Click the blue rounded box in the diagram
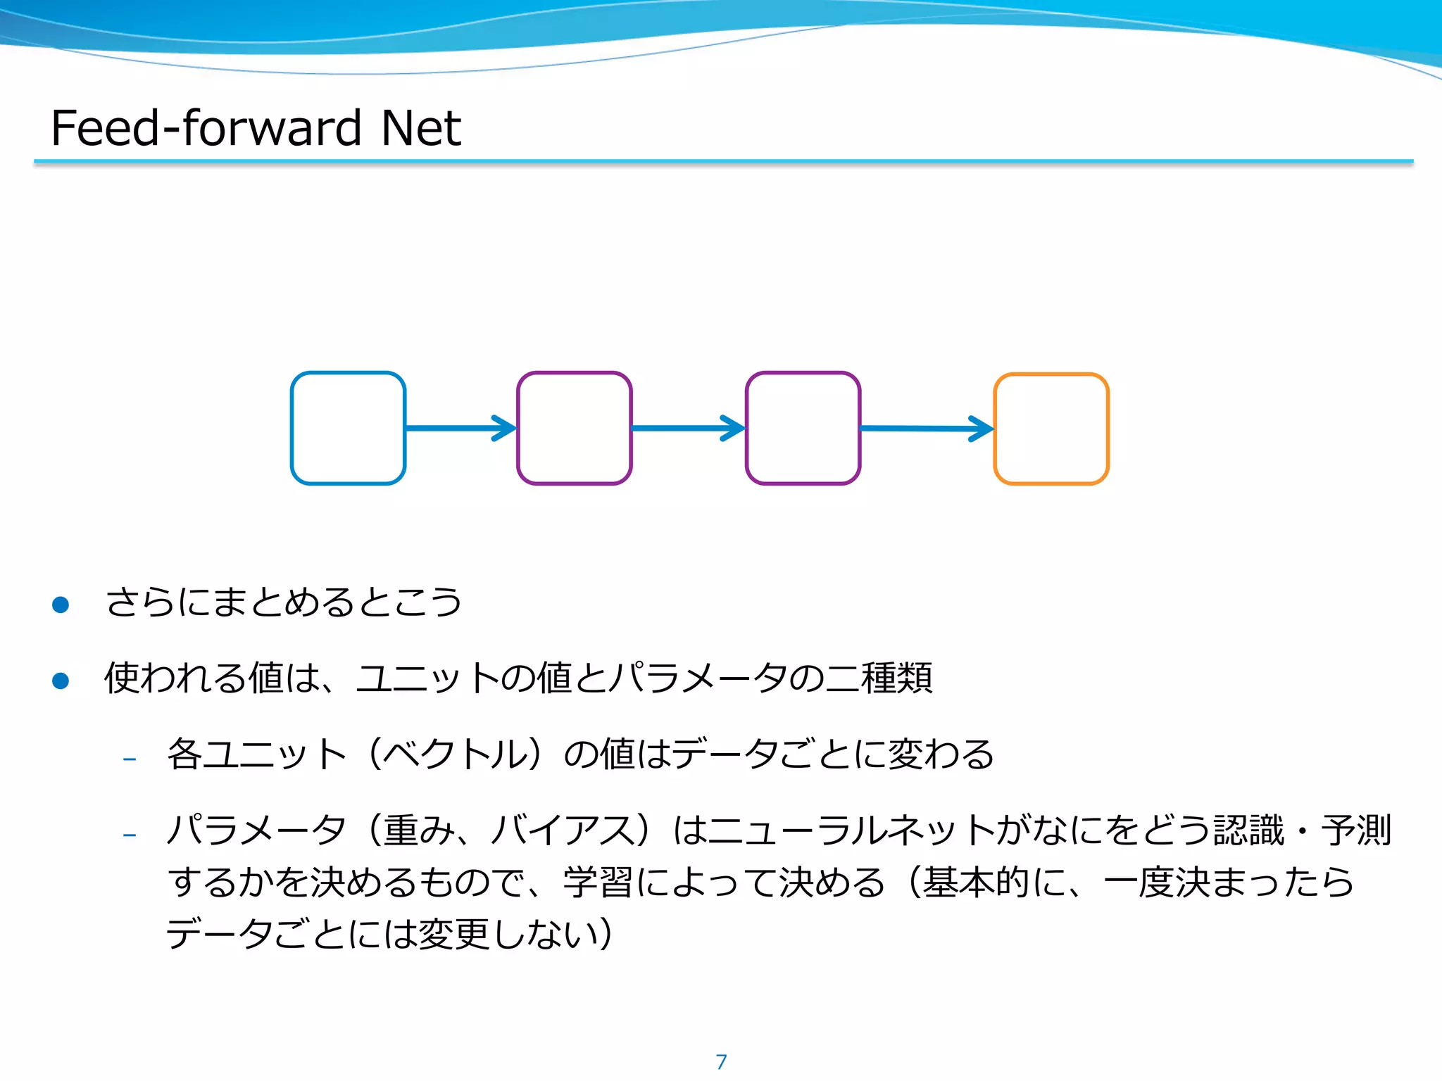point(348,428)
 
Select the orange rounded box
point(1051,429)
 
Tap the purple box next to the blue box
point(574,428)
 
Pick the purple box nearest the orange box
point(803,428)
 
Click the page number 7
point(721,1062)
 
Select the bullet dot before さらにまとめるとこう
point(61,605)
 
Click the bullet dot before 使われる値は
point(61,681)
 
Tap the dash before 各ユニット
point(129,759)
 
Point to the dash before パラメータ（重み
point(129,835)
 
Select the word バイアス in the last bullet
point(563,830)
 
